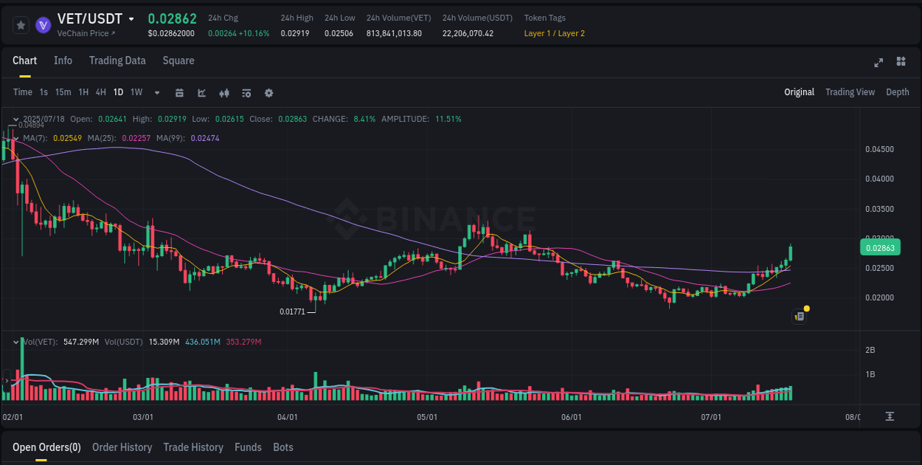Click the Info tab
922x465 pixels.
(x=63, y=61)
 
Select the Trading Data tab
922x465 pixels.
(x=117, y=61)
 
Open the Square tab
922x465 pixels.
(x=178, y=61)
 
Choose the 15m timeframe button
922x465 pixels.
(x=63, y=92)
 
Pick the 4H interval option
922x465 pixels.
(x=100, y=92)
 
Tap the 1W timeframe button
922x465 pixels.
(x=136, y=92)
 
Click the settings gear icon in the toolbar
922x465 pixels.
(x=268, y=93)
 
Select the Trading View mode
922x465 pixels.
(x=850, y=92)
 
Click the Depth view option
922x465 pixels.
(x=897, y=92)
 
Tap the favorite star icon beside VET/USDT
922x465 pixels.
(x=21, y=25)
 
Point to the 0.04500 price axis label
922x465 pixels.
(x=879, y=149)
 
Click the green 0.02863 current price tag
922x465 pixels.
(x=880, y=248)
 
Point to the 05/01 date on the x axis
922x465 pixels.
(x=427, y=417)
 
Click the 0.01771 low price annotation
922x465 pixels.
(x=292, y=311)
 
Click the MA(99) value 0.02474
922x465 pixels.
(x=205, y=138)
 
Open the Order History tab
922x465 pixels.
(x=122, y=447)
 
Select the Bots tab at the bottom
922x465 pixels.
(x=283, y=447)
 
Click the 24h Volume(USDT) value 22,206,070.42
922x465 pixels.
(x=468, y=33)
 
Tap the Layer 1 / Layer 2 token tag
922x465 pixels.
(x=554, y=33)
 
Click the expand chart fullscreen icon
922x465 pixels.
(x=878, y=62)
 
